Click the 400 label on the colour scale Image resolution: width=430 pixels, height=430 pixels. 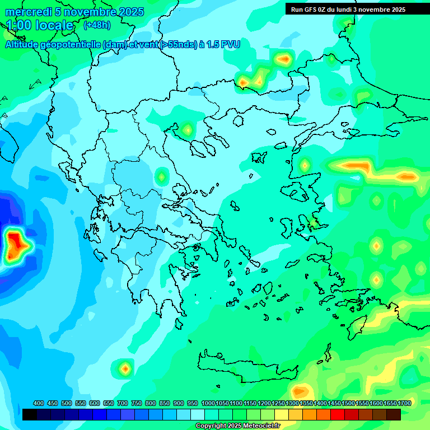[x=39, y=403]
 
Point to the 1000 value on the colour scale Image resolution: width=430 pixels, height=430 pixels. [x=208, y=403]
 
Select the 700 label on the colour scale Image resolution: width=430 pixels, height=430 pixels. [x=123, y=403]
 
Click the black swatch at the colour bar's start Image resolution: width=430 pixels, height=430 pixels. [x=30, y=414]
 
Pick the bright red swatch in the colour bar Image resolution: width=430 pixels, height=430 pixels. [x=338, y=414]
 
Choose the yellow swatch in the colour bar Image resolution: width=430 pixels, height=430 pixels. [x=282, y=414]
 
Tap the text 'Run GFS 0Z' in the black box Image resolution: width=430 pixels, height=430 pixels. [x=310, y=10]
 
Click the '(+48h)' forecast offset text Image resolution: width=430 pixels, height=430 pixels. [x=97, y=25]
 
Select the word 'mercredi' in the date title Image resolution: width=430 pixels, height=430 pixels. [x=25, y=12]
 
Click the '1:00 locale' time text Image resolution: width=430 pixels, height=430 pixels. [x=40, y=25]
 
